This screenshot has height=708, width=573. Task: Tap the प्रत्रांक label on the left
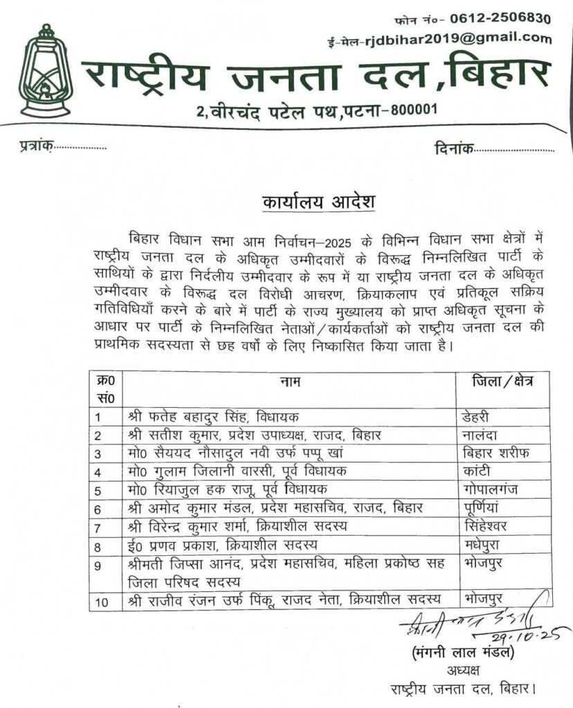click(x=33, y=147)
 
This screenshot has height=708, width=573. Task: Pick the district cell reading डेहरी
click(x=477, y=417)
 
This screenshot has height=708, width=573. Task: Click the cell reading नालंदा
click(x=480, y=435)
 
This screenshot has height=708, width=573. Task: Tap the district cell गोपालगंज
click(x=489, y=490)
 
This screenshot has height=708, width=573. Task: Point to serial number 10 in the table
click(x=102, y=602)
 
